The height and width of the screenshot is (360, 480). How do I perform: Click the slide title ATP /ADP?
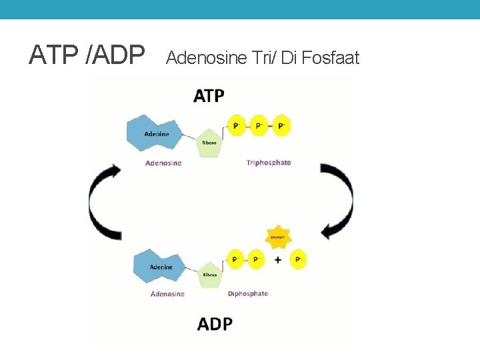87,55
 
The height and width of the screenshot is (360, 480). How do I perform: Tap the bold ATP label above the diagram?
209,97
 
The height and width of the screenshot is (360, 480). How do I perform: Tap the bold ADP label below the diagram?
215,324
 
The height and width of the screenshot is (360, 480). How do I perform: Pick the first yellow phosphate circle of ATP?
236,125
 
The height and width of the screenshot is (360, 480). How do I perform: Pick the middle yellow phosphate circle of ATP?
258,125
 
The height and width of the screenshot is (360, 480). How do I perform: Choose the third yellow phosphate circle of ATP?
281,125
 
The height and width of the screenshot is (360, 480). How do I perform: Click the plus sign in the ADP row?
278,259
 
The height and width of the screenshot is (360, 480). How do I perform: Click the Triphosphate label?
268,163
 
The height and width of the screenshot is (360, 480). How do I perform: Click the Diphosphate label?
247,294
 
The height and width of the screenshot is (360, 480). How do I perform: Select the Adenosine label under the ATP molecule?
163,163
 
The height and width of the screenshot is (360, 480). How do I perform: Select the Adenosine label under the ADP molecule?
167,294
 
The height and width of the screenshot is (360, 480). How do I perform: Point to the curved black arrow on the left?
101,200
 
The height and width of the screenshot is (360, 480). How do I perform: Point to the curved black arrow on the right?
341,200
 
